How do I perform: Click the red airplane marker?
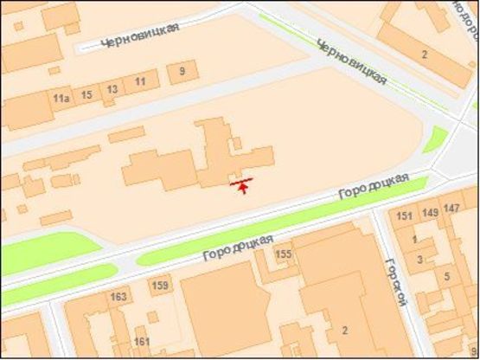coord(243,184)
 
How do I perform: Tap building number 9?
coord(182,72)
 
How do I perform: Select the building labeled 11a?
coord(61,99)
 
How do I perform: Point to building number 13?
coord(112,89)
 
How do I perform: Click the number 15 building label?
coord(86,93)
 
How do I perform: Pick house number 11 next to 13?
coord(140,81)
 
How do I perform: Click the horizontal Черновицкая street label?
coord(139,35)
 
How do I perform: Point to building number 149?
coord(430,212)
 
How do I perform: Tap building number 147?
coord(451,209)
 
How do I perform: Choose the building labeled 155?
coord(283,254)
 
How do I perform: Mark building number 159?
coord(160,286)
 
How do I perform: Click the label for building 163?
coord(118,297)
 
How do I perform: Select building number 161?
coord(142,342)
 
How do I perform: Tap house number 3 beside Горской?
coord(420,259)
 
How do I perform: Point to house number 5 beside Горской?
coord(446,276)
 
